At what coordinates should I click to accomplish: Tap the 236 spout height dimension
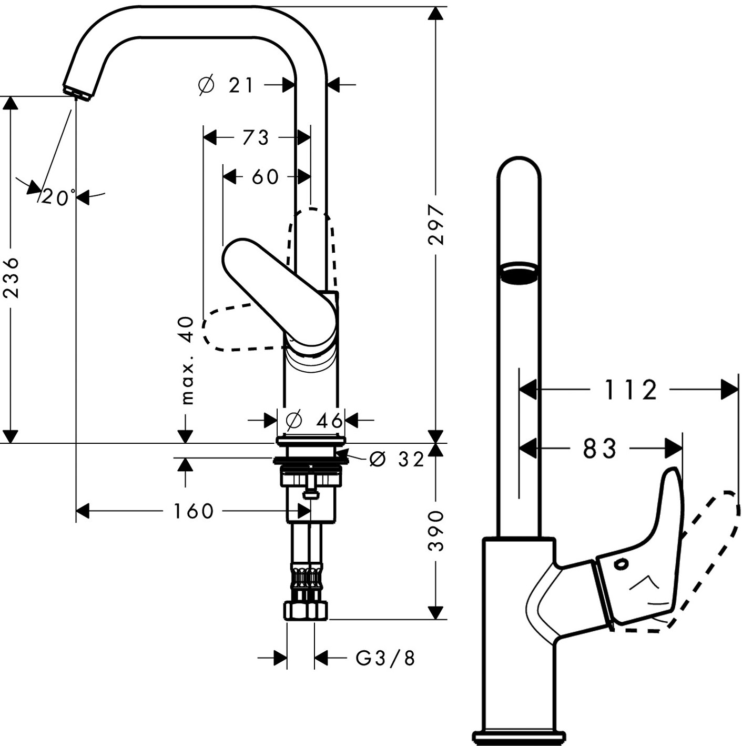pyautogui.click(x=11, y=277)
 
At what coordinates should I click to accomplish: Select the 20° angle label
pyautogui.click(x=58, y=197)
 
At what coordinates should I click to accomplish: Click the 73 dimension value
pyautogui.click(x=256, y=137)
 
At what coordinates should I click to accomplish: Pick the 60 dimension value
pyautogui.click(x=265, y=177)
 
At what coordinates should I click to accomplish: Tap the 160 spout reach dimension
pyautogui.click(x=193, y=511)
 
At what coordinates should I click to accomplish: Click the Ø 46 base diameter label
pyautogui.click(x=314, y=420)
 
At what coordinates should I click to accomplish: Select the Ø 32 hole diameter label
pyautogui.click(x=397, y=459)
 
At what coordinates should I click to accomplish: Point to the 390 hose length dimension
pyautogui.click(x=436, y=530)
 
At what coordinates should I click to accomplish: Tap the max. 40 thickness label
pyautogui.click(x=187, y=361)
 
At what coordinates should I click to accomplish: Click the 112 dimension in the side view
pyautogui.click(x=630, y=390)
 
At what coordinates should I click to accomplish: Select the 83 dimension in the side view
pyautogui.click(x=599, y=449)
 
